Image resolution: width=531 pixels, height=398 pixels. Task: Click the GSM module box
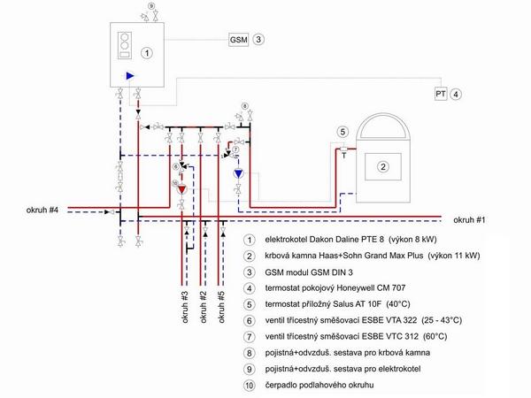[238, 40]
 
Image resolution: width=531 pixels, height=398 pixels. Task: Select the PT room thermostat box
[441, 94]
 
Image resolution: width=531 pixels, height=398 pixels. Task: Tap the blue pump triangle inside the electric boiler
[130, 75]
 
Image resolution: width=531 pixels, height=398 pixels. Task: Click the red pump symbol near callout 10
[182, 189]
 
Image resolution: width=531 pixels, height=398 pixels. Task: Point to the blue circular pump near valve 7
[239, 173]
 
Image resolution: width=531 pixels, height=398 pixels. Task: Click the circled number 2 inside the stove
[383, 166]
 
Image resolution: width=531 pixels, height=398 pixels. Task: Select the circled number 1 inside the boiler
[147, 53]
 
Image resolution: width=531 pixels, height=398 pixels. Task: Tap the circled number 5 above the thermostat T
[342, 132]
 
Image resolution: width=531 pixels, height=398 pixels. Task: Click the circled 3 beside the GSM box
[258, 40]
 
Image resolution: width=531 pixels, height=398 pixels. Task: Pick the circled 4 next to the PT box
[456, 94]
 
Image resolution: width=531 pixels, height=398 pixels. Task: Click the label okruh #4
[42, 210]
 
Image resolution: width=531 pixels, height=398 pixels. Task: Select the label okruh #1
[469, 220]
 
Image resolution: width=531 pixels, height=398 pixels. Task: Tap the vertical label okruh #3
[185, 307]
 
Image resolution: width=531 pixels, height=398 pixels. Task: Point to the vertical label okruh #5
[220, 307]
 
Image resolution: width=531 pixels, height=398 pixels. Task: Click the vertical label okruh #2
[203, 307]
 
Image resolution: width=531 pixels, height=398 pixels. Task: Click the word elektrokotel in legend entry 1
[282, 240]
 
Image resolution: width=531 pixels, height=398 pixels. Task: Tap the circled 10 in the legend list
[250, 385]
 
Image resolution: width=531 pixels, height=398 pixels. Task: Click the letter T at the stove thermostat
[343, 156]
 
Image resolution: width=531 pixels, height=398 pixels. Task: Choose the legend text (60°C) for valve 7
[435, 337]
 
